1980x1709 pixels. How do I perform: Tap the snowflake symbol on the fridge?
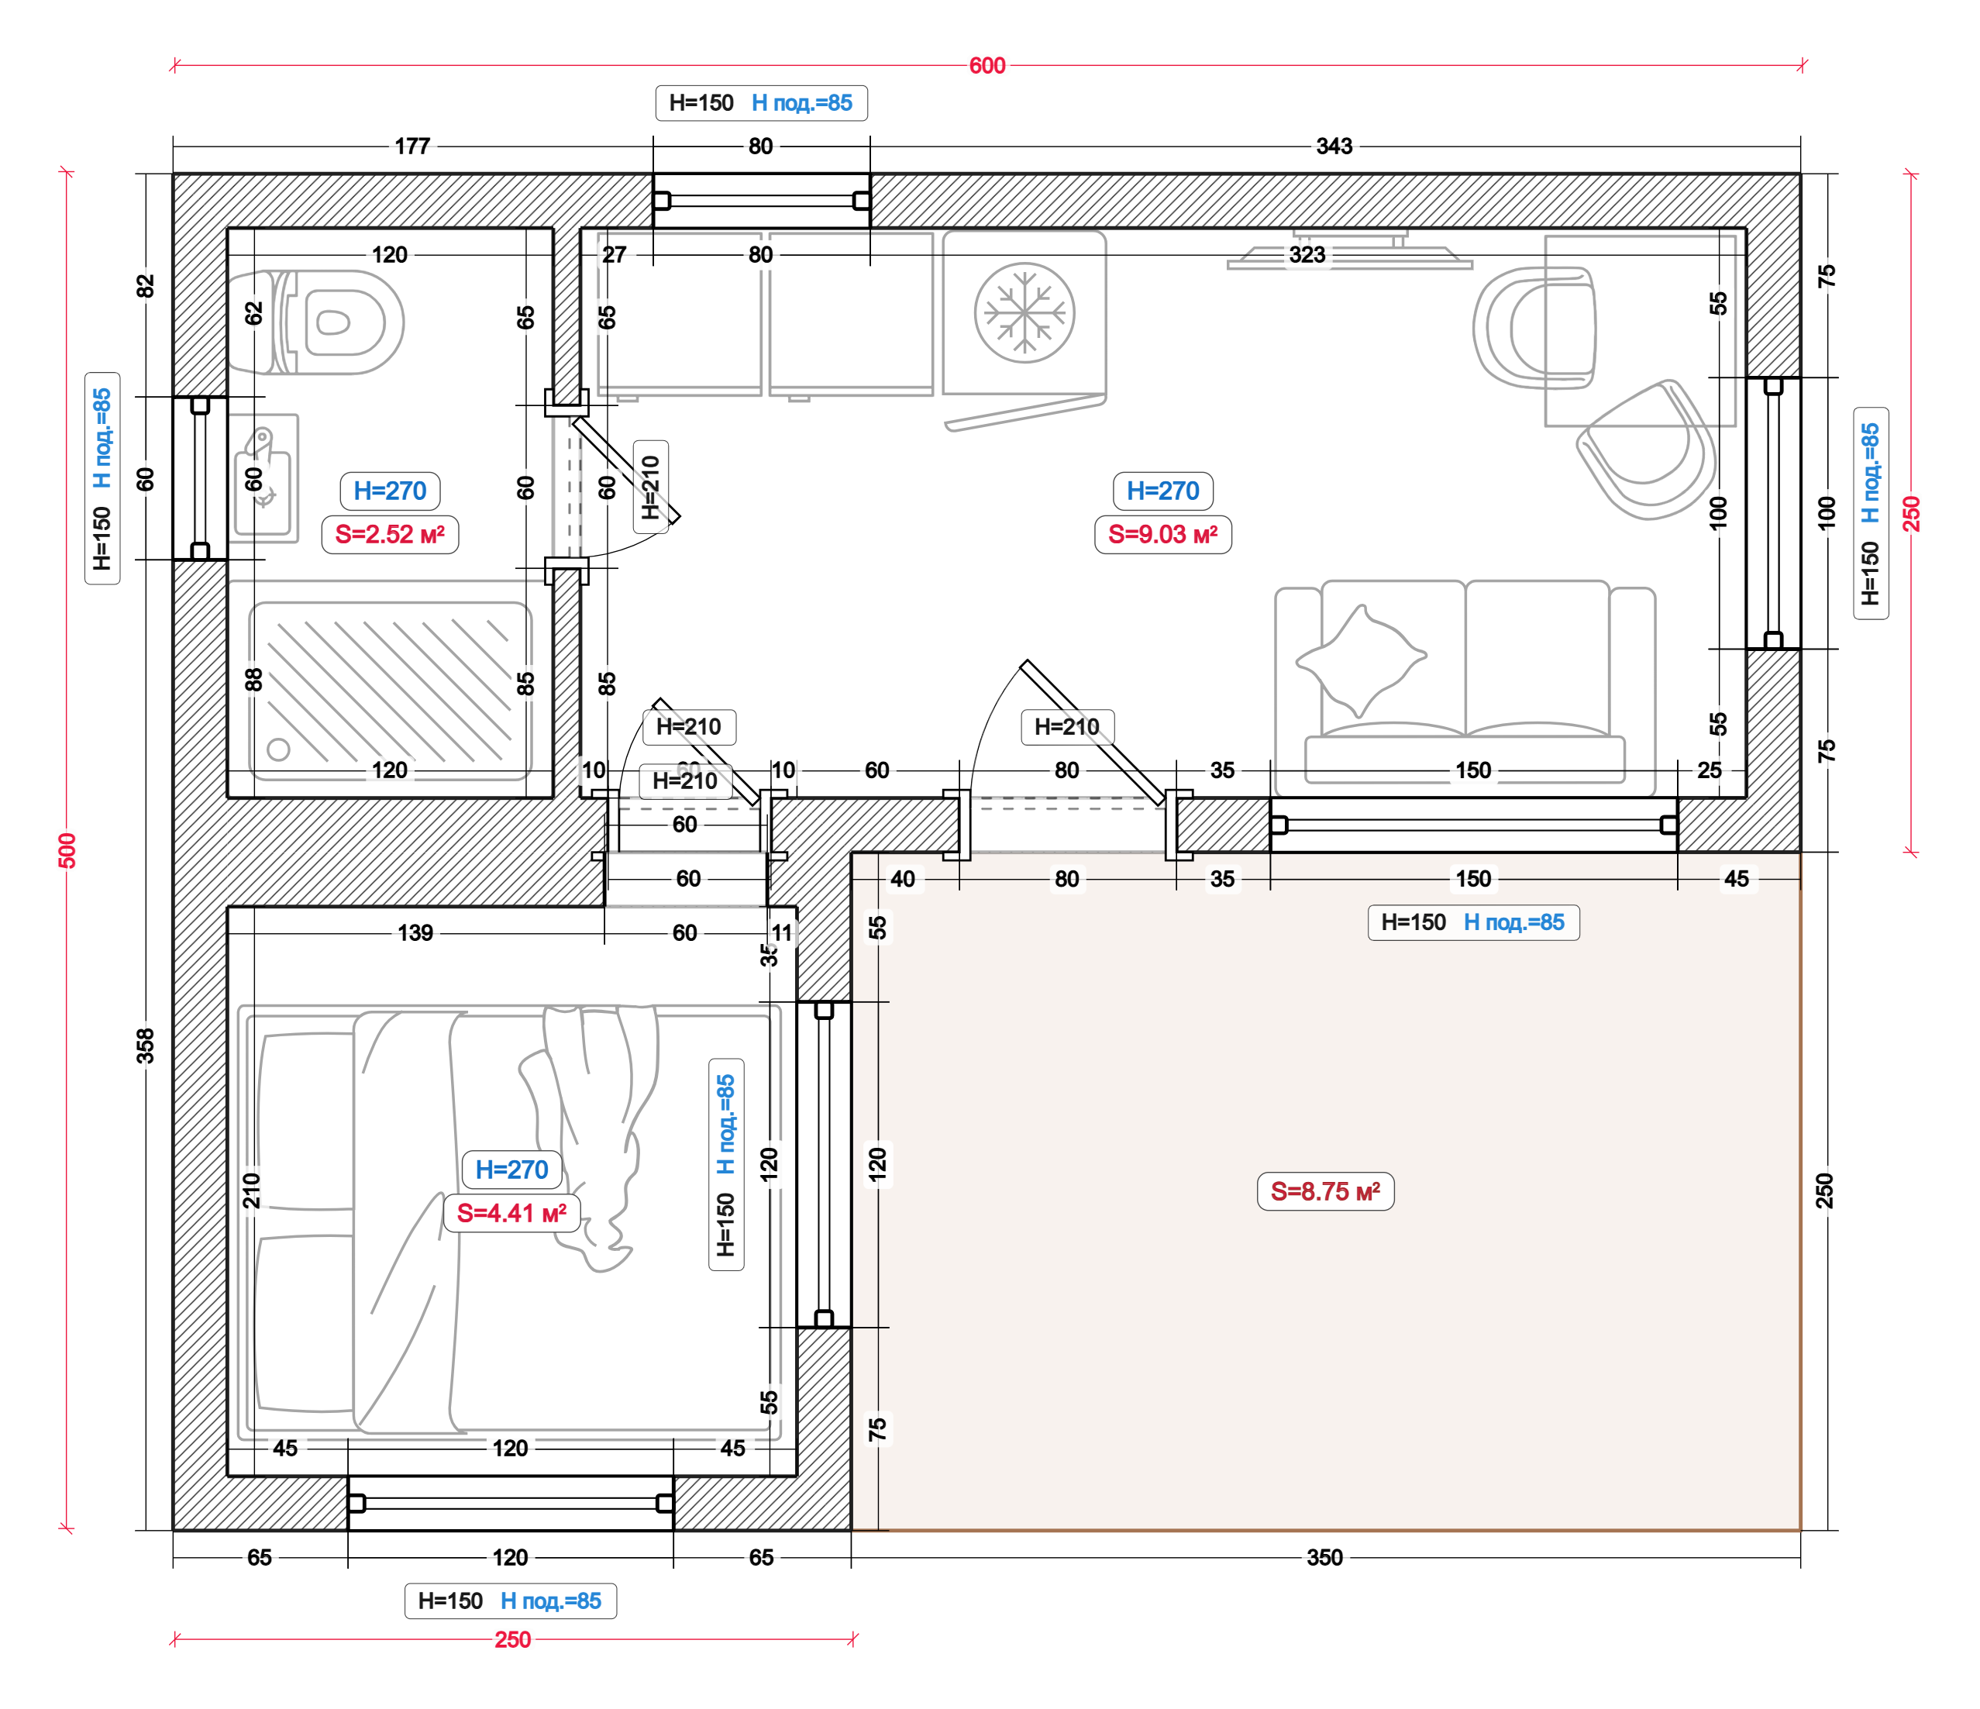(x=1024, y=313)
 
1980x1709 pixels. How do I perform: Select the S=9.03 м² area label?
(x=1163, y=534)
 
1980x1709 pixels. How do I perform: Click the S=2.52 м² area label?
(x=390, y=534)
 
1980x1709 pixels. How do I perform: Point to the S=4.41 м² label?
(x=512, y=1213)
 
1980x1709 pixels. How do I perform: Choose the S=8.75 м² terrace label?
(x=1325, y=1192)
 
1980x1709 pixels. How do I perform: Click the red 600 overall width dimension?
(x=987, y=66)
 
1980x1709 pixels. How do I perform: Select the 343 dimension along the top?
(x=1334, y=146)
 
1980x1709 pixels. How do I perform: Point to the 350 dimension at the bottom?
(x=1324, y=1557)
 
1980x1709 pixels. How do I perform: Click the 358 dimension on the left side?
(x=145, y=1046)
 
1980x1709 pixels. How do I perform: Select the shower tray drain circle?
(x=279, y=749)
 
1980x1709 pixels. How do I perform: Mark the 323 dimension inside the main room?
(x=1307, y=255)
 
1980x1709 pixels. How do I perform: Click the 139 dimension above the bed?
(x=415, y=933)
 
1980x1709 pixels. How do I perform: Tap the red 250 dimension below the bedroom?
(x=513, y=1639)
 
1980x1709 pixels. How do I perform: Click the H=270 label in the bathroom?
(x=390, y=491)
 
